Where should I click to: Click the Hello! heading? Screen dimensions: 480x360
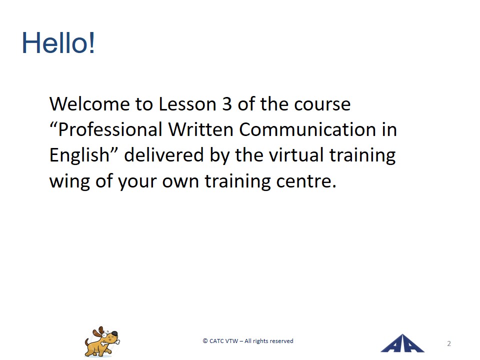click(x=58, y=43)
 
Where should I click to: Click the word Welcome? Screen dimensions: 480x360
click(x=90, y=104)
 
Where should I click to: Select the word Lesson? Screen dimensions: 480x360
click(x=187, y=104)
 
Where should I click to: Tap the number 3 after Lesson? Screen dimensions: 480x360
click(x=227, y=104)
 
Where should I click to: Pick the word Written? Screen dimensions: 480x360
click(x=201, y=129)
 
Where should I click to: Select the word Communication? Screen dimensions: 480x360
click(x=307, y=129)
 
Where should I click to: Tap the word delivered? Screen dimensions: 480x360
click(x=164, y=155)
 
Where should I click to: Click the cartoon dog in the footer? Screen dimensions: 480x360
click(x=102, y=341)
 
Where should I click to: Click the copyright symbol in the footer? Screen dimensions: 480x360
click(x=205, y=341)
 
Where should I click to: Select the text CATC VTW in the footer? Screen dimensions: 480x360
click(x=223, y=341)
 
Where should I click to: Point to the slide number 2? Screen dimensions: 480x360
click(x=449, y=343)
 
